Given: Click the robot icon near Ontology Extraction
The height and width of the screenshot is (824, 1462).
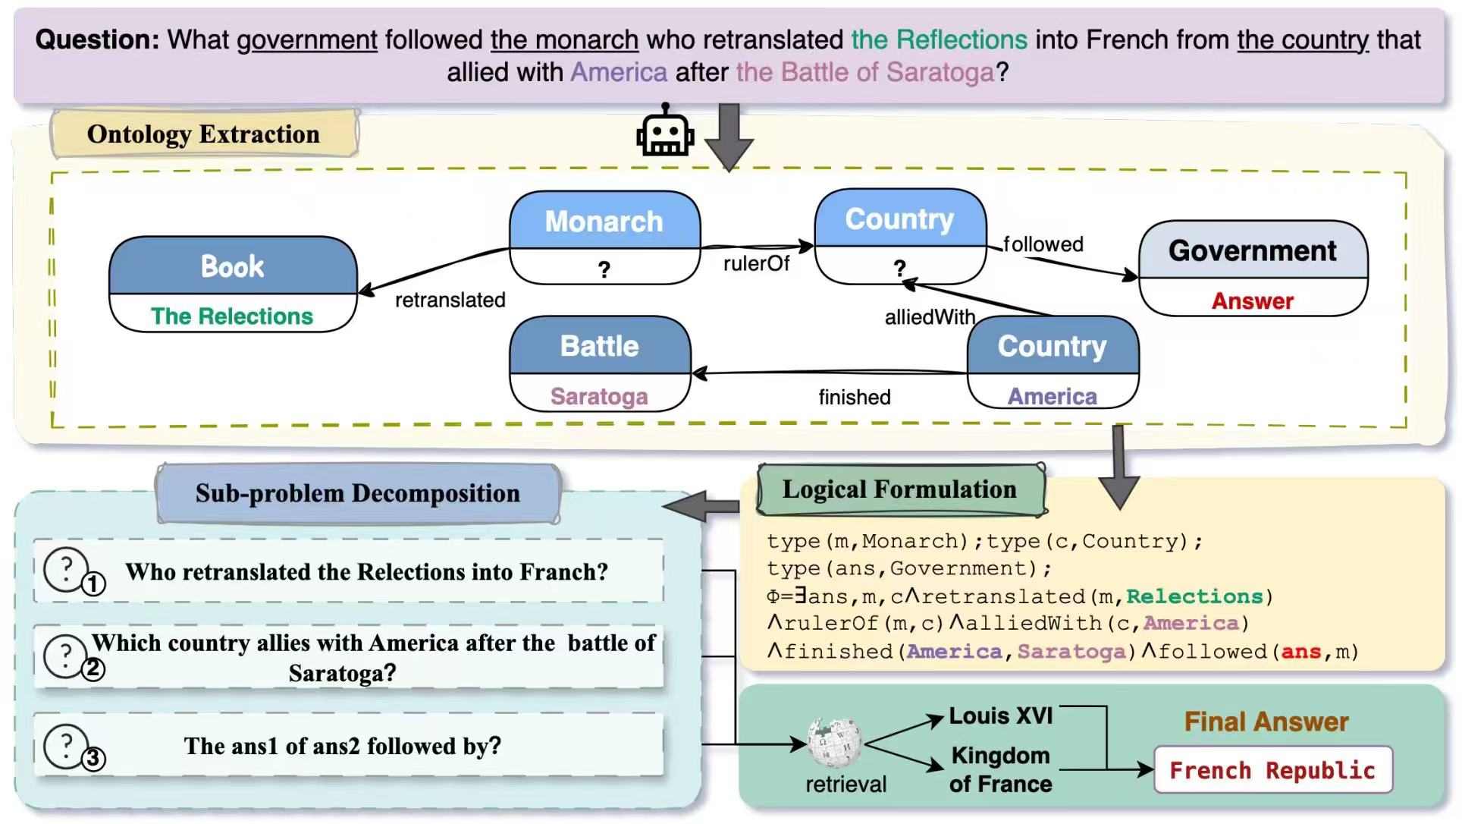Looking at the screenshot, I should click(x=664, y=131).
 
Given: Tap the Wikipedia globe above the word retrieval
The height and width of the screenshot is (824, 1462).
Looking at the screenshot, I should click(x=834, y=742).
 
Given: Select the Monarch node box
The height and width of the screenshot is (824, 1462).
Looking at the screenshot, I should click(x=604, y=237).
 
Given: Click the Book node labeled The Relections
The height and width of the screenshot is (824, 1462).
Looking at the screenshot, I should click(x=233, y=285).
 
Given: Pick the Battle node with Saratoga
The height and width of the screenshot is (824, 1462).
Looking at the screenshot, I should click(x=600, y=364).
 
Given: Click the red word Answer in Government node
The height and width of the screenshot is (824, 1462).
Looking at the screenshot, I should click(x=1253, y=300).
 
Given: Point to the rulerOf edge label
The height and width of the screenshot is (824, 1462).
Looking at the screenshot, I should click(x=756, y=263).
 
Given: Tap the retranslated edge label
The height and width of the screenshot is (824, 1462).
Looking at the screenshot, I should click(x=450, y=300).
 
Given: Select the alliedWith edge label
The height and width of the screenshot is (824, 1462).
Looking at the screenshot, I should click(x=930, y=317).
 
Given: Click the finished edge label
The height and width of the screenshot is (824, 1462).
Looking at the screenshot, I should click(x=855, y=397).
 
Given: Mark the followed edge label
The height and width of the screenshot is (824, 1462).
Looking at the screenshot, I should click(x=1043, y=244).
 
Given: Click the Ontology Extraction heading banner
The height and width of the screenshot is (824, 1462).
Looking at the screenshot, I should click(x=204, y=134).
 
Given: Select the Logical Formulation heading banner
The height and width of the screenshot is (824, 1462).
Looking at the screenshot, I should click(x=900, y=489).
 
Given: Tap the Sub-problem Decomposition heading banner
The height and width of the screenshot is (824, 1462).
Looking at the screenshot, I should click(x=358, y=493).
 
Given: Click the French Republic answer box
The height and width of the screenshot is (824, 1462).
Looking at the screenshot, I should click(x=1272, y=770).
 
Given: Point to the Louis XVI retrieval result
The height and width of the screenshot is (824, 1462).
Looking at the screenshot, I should click(x=1001, y=715).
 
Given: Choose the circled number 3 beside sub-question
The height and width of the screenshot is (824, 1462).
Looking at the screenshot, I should click(x=93, y=758).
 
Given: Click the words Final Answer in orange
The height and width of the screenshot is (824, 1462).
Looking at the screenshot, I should click(x=1266, y=722).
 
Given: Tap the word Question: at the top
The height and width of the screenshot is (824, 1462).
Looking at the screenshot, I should click(x=97, y=39).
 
